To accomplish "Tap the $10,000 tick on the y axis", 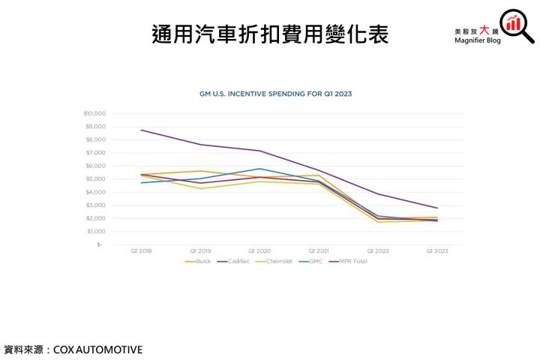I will [x=95, y=113].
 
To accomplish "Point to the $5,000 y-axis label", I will [x=96, y=178].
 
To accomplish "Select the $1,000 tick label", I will [x=96, y=231].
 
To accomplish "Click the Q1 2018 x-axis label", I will [x=141, y=250].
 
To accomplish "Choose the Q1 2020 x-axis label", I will [x=259, y=250].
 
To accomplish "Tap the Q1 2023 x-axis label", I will [x=436, y=250].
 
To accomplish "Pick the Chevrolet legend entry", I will [x=276, y=261].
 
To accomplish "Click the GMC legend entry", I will [x=313, y=261].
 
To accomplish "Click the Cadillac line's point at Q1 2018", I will [x=141, y=130].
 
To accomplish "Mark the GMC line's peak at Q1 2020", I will [x=259, y=169].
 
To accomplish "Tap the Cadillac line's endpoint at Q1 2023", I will [x=436, y=208].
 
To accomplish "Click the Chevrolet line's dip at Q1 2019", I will [x=199, y=188].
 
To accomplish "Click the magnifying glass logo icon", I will [x=517, y=25].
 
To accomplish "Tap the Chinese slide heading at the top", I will [x=270, y=34].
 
